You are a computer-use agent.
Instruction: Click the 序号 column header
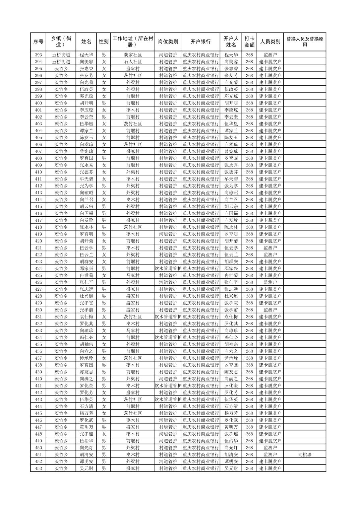tap(39, 42)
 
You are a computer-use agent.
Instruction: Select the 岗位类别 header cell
tap(168, 42)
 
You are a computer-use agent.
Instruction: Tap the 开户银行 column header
tap(200, 42)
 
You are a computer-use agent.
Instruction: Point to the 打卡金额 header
tap(249, 42)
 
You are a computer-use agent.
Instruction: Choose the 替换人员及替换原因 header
tap(304, 42)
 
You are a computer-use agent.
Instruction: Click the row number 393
tap(39, 55)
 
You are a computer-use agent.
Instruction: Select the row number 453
tap(39, 468)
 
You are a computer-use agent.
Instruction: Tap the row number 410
tap(39, 172)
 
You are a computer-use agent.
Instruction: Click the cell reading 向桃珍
tap(304, 455)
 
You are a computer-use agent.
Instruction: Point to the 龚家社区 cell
tap(133, 55)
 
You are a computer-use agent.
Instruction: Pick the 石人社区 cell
tap(133, 62)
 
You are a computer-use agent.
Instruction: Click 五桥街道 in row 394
tap(61, 62)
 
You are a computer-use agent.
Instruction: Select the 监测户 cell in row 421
tap(270, 248)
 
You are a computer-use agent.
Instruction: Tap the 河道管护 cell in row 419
tap(168, 234)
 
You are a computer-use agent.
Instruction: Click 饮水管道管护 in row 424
tap(168, 269)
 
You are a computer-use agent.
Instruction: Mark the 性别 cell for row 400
tap(104, 103)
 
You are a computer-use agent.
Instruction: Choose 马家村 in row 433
tap(133, 331)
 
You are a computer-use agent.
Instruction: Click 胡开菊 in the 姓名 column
tap(86, 241)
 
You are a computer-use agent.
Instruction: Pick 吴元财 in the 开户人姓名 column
tap(231, 468)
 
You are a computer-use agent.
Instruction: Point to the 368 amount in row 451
tap(249, 455)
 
